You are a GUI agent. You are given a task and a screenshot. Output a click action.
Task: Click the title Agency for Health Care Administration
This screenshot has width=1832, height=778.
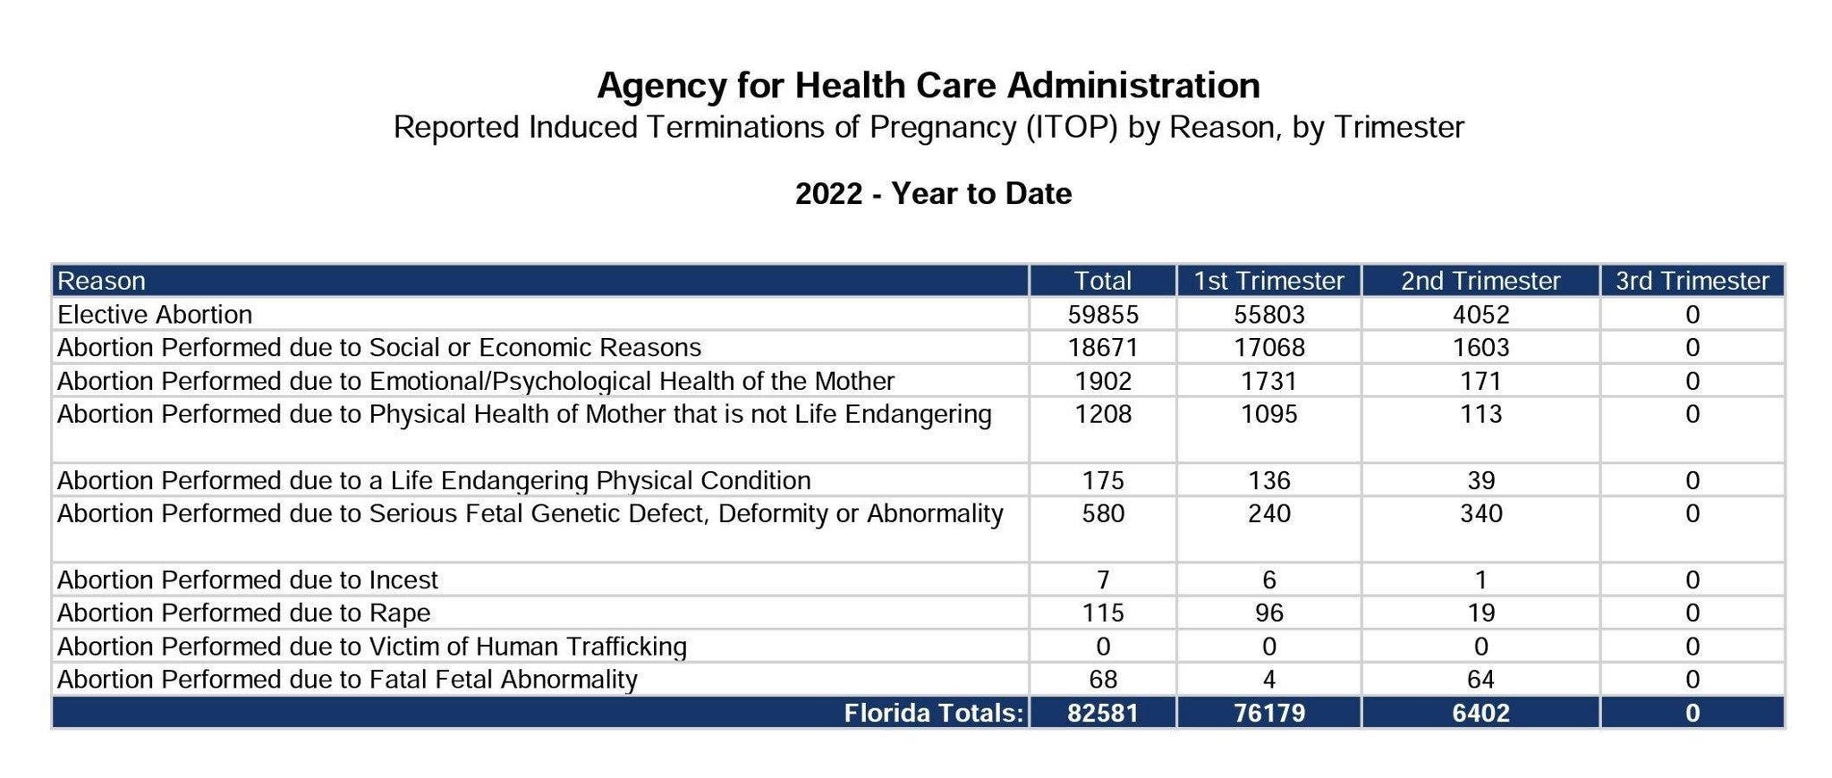[928, 86]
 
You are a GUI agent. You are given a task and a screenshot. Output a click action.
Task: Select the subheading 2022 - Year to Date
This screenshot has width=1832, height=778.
[933, 194]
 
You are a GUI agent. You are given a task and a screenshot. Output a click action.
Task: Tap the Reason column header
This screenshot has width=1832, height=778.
[101, 281]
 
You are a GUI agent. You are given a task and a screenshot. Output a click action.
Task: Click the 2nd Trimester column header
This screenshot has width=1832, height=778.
[1480, 281]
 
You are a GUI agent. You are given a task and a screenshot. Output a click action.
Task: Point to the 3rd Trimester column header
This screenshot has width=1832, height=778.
[1692, 281]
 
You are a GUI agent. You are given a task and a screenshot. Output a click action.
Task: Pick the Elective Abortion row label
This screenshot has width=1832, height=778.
[155, 315]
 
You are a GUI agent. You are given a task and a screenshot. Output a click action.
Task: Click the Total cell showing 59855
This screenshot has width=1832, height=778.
[1103, 315]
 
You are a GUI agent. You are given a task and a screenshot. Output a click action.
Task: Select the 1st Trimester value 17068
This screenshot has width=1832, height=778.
[1268, 348]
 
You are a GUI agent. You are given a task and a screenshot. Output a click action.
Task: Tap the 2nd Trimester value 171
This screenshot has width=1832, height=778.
[1480, 382]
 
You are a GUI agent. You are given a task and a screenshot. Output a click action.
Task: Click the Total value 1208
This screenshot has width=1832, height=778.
[1103, 415]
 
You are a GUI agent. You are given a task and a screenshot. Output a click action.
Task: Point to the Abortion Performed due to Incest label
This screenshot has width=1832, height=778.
[248, 580]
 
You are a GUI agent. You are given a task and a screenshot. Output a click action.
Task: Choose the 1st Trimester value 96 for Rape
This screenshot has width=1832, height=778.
[1268, 613]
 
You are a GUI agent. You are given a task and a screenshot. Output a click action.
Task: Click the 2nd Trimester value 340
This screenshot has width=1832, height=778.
[1480, 514]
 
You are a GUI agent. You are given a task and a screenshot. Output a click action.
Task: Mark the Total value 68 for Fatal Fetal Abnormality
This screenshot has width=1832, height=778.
[1103, 680]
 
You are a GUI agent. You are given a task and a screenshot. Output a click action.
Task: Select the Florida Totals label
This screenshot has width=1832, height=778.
[933, 714]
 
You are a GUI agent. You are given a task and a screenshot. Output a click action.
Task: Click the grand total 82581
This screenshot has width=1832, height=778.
[1103, 714]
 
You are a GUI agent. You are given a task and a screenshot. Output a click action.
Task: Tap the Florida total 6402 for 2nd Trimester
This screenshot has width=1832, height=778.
[1480, 714]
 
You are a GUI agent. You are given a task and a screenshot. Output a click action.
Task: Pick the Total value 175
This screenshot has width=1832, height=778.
[1103, 481]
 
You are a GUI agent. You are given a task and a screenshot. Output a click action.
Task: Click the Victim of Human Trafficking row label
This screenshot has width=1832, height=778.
[372, 647]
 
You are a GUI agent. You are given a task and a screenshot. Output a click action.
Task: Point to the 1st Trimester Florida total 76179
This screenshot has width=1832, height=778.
[1268, 714]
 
